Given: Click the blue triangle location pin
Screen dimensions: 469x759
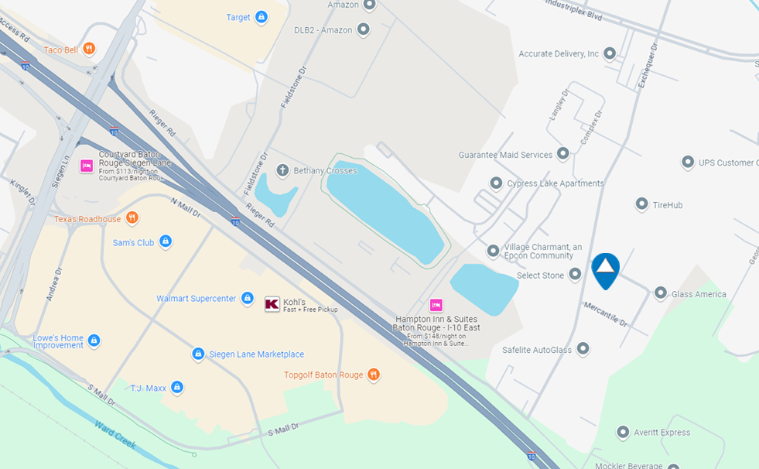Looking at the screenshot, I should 605,269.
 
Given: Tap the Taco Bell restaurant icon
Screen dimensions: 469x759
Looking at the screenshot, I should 90,49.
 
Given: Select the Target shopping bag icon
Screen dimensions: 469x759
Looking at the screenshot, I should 262,17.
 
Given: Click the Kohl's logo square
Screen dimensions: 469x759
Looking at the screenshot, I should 272,304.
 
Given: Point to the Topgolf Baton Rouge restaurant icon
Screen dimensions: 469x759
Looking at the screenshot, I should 374,375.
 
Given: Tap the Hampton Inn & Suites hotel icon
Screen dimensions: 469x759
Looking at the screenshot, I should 436,305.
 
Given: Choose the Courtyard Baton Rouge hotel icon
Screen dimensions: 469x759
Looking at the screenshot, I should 87,165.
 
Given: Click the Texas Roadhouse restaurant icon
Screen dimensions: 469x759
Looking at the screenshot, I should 132,218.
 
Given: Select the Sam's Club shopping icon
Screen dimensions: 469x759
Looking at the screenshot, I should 165,242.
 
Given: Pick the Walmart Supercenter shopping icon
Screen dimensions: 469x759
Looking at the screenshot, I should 247,298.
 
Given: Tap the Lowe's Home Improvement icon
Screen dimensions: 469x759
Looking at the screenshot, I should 94,341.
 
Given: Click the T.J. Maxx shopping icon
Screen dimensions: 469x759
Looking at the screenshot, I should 177,387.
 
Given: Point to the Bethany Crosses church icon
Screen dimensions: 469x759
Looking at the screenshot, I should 282,170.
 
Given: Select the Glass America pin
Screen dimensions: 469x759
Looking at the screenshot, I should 661,293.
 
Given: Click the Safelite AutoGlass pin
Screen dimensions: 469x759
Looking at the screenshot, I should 583,350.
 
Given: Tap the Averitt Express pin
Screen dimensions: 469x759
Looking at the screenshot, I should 624,432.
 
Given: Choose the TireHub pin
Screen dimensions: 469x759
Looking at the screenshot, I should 641,204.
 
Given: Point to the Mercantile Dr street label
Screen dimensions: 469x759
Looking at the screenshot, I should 606,313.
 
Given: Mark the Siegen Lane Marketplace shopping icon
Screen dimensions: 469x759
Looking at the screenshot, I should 198,354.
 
